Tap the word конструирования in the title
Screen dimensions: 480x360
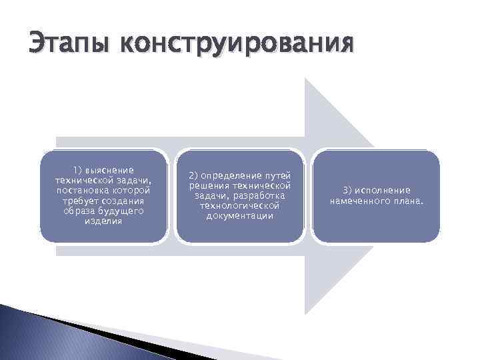coord(236,45)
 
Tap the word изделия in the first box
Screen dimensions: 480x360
coord(103,221)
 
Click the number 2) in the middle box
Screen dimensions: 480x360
coord(194,175)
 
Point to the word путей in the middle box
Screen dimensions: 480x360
coord(278,175)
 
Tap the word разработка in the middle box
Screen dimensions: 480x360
coord(261,195)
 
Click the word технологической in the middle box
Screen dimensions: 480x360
coord(240,205)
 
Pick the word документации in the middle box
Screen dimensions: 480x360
coord(240,215)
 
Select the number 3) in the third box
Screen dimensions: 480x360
coord(348,190)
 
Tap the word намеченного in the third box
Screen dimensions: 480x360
coord(359,201)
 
